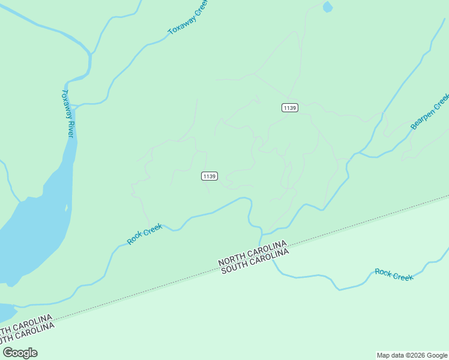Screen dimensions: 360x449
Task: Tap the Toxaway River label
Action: (x=68, y=113)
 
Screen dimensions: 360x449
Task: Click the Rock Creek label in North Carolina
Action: (x=145, y=234)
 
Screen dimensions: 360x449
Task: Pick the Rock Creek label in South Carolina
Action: (x=394, y=274)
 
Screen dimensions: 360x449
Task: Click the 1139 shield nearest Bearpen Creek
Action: (x=289, y=107)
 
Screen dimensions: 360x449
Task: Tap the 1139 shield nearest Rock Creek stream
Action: (x=209, y=176)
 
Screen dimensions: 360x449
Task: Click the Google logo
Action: (x=20, y=353)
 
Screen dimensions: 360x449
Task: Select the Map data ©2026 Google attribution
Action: (x=412, y=355)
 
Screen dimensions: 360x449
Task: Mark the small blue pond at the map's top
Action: (x=327, y=7)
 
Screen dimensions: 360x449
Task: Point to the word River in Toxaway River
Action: (x=70, y=128)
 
